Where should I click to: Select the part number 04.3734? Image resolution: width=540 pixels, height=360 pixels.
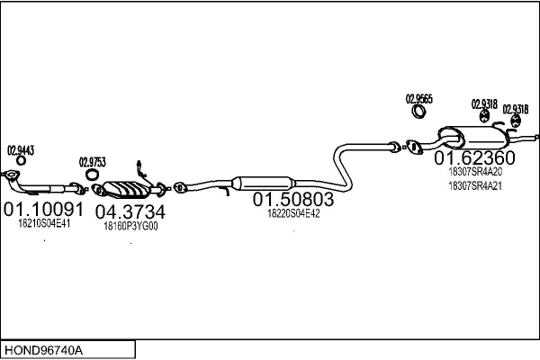pyautogui.click(x=130, y=212)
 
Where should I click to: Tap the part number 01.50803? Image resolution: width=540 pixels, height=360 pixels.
pyautogui.click(x=292, y=199)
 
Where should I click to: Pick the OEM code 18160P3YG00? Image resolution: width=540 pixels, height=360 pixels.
pyautogui.click(x=131, y=227)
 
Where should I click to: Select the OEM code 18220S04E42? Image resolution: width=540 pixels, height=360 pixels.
pyautogui.click(x=293, y=213)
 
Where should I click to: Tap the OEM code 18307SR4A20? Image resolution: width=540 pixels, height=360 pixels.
pyautogui.click(x=475, y=172)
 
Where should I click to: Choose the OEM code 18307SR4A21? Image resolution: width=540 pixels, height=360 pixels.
pyautogui.click(x=475, y=186)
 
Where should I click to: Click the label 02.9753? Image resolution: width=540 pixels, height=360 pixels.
pyautogui.click(x=92, y=162)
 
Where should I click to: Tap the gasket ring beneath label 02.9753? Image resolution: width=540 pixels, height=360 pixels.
pyautogui.click(x=92, y=175)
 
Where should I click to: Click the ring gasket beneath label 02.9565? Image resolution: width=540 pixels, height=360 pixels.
pyautogui.click(x=419, y=112)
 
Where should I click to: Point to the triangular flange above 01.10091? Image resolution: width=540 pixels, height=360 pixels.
pyautogui.click(x=13, y=175)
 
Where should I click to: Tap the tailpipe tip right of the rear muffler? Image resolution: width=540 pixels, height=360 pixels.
pyautogui.click(x=535, y=137)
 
